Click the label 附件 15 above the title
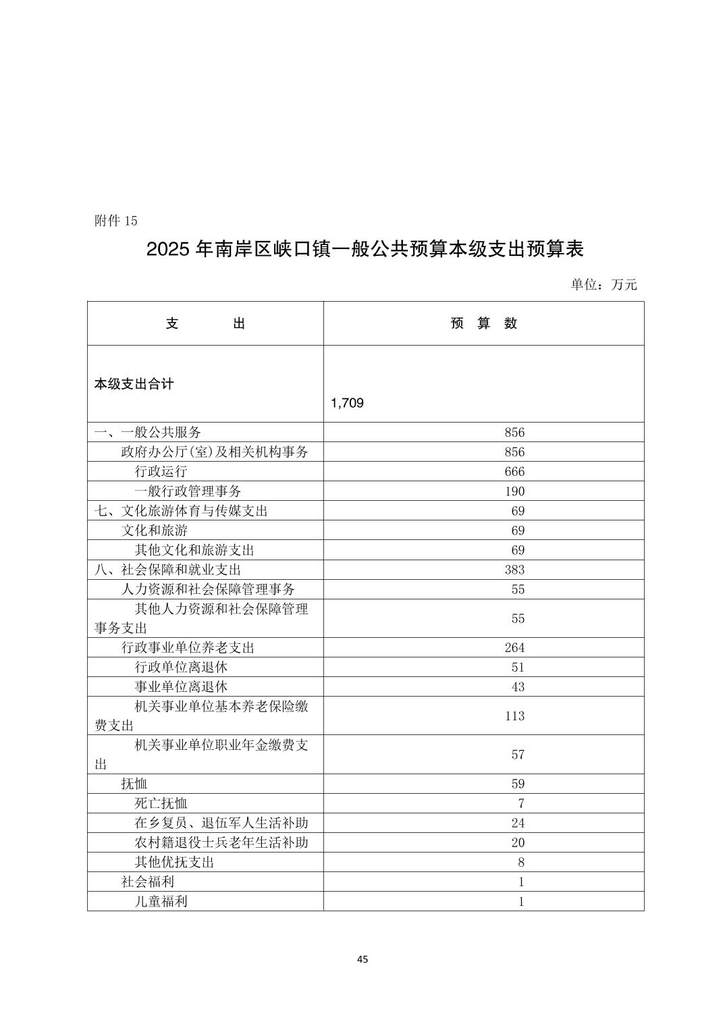(x=116, y=221)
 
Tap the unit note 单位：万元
(x=603, y=284)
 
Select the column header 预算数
(x=483, y=323)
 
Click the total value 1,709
(x=348, y=403)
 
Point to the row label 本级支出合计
(x=134, y=384)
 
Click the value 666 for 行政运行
(x=514, y=472)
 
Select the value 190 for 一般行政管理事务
(x=514, y=491)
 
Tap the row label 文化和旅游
(x=155, y=531)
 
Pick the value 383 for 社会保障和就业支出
(x=514, y=570)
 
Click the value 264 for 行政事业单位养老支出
(x=514, y=648)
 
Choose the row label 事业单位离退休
(x=181, y=687)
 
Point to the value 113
(x=514, y=715)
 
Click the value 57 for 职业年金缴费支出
(x=518, y=755)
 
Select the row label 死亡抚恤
(x=161, y=803)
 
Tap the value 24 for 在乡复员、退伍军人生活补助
(x=518, y=823)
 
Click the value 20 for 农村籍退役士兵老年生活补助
(x=518, y=842)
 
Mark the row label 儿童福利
(x=161, y=901)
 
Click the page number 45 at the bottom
(x=362, y=959)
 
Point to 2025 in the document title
(x=168, y=250)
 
